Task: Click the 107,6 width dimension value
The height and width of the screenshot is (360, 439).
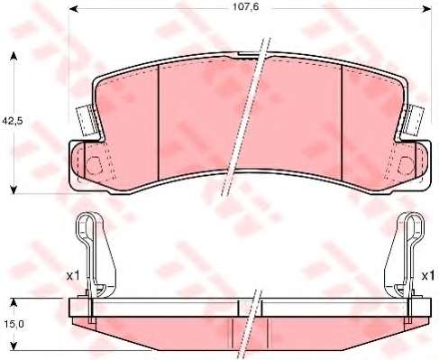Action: click(245, 7)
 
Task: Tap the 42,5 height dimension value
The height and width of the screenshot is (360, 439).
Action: click(13, 121)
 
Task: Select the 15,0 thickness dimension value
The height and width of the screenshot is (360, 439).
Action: click(14, 324)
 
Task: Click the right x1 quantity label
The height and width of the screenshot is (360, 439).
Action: click(428, 276)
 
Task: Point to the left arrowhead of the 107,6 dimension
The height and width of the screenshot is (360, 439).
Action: click(74, 9)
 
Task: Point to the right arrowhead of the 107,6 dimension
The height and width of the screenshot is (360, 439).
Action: click(426, 9)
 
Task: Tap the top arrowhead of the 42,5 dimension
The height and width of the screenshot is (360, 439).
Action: click(14, 56)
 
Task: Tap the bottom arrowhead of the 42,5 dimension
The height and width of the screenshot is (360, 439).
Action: click(14, 190)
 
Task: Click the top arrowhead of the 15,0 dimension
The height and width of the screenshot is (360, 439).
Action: click(14, 302)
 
